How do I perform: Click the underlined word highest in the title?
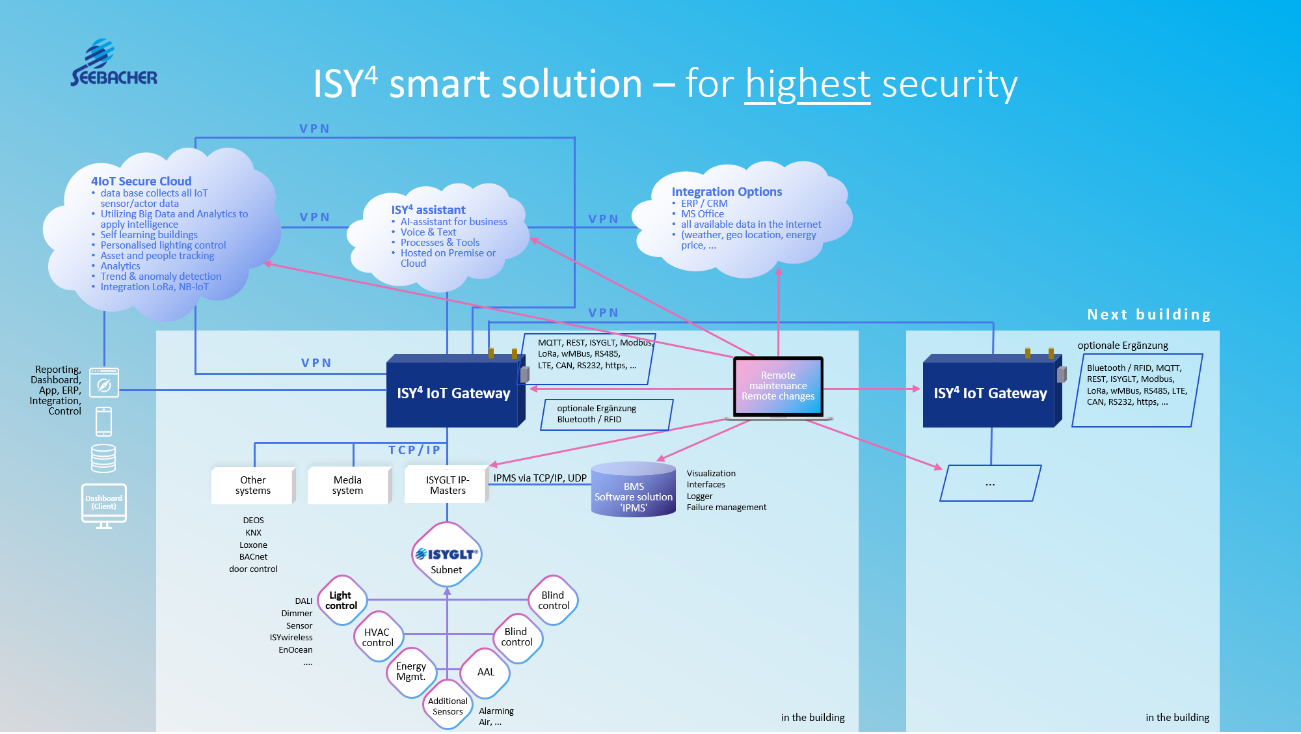click(x=807, y=85)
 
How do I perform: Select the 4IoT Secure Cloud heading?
click(x=141, y=182)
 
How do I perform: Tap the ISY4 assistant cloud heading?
click(x=428, y=210)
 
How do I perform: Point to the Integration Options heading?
click(x=727, y=192)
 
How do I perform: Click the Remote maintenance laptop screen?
click(x=778, y=386)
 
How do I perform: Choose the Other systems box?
click(x=253, y=485)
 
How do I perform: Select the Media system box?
click(x=348, y=485)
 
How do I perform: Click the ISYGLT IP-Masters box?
click(x=447, y=485)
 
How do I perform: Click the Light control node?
click(x=342, y=601)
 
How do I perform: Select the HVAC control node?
click(x=378, y=637)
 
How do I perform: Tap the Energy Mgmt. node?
click(x=411, y=672)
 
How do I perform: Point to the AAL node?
click(x=485, y=672)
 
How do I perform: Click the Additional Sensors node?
click(x=448, y=706)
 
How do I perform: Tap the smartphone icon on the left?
click(x=104, y=422)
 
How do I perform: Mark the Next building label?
click(x=1149, y=315)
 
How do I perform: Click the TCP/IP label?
click(x=414, y=450)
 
